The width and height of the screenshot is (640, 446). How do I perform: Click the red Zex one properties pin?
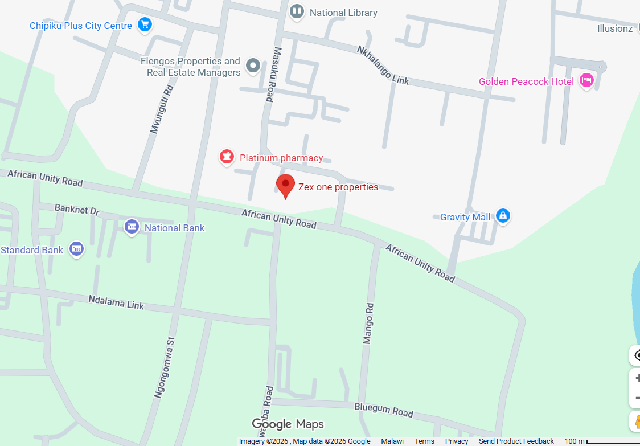[285, 185]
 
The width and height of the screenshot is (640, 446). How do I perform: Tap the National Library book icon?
[297, 12]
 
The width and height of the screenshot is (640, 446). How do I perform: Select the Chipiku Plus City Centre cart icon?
[145, 25]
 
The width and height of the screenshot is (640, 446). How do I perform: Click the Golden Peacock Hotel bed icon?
[586, 81]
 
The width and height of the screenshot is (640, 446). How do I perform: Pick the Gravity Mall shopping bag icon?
[502, 216]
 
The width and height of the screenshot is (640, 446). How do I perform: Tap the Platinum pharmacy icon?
[227, 157]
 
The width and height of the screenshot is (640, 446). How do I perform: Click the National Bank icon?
[132, 227]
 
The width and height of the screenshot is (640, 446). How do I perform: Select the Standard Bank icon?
[76, 249]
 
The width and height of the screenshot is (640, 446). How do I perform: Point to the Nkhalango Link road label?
[383, 65]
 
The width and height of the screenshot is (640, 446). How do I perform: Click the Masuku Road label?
[270, 74]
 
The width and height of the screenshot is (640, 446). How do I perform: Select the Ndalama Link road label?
[116, 302]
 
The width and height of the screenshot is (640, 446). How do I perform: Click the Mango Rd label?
[368, 323]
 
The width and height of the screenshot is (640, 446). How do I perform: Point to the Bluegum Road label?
[383, 409]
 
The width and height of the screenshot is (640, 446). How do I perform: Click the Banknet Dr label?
[77, 210]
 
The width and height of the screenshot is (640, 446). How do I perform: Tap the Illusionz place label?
[614, 28]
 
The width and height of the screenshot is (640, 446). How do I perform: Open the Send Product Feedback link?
[516, 441]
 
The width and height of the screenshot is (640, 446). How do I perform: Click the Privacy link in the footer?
[457, 441]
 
